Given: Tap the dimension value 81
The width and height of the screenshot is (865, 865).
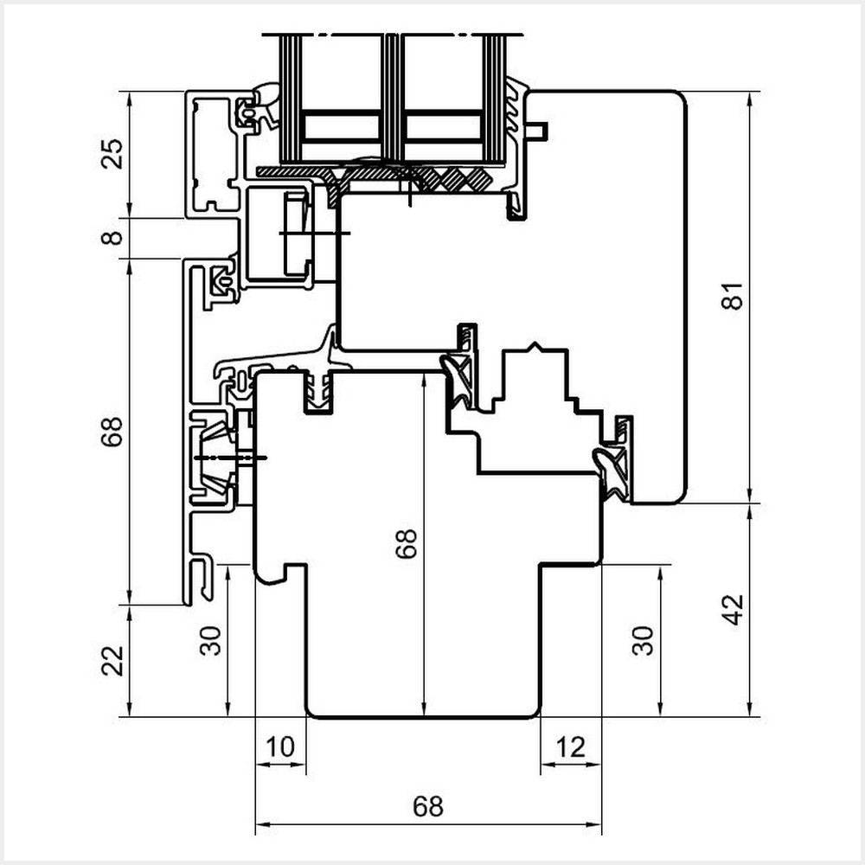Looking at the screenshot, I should [x=734, y=296].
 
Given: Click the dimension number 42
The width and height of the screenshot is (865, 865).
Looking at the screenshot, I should [x=734, y=610].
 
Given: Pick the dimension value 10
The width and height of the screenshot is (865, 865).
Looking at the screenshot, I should [x=281, y=746].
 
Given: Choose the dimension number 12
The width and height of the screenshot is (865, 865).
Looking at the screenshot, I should [x=571, y=746].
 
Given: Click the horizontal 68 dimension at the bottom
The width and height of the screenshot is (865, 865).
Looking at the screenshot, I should [x=428, y=806].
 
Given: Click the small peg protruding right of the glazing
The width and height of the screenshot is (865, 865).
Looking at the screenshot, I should [x=538, y=131].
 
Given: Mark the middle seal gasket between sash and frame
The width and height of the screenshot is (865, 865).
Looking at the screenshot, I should [x=459, y=381].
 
